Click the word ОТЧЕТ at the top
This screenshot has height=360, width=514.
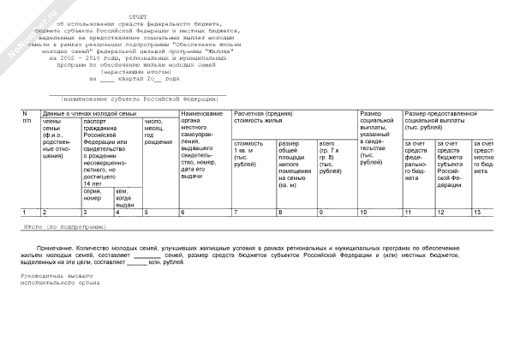pos(138,16)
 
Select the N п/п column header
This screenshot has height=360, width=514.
pos(25,117)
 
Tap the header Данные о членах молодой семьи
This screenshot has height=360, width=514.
pos(89,114)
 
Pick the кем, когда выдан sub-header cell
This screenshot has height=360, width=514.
pos(125,198)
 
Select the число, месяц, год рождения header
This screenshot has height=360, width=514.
pos(158,134)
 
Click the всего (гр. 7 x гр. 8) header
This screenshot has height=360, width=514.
pos(332,159)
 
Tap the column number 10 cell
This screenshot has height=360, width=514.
pos(363,212)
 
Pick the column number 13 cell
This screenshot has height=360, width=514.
pos(477,212)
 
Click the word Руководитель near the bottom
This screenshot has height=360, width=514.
pos(43,275)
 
